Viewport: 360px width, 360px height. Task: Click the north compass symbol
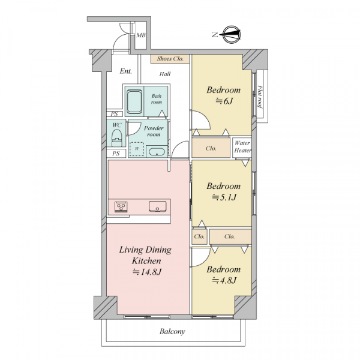pyautogui.click(x=232, y=35)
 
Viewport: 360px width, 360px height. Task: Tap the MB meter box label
pyautogui.click(x=141, y=35)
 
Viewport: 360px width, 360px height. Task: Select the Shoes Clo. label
pyautogui.click(x=170, y=59)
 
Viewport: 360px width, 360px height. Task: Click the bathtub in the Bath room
pyautogui.click(x=134, y=101)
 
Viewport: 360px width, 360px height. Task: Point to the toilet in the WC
pyautogui.click(x=116, y=138)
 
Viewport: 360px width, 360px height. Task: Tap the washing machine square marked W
pyautogui.click(x=137, y=149)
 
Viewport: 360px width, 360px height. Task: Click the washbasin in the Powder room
pyautogui.click(x=157, y=152)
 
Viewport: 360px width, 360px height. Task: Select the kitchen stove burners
pyautogui.click(x=121, y=207)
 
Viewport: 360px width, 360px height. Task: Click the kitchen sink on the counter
pyautogui.click(x=157, y=206)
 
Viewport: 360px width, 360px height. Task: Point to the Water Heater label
pyautogui.click(x=242, y=147)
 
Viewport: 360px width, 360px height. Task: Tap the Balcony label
pyautogui.click(x=172, y=332)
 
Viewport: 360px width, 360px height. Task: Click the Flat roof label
pyautogui.click(x=260, y=97)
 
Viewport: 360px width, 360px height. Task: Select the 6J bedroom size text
pyautogui.click(x=224, y=101)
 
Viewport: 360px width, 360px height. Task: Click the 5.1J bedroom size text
pyautogui.click(x=224, y=197)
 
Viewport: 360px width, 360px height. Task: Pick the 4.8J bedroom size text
pyautogui.click(x=224, y=280)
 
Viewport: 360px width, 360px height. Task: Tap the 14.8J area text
pyautogui.click(x=147, y=272)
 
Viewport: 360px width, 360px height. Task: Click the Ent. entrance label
pyautogui.click(x=126, y=71)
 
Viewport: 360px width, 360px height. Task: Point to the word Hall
pyautogui.click(x=165, y=74)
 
